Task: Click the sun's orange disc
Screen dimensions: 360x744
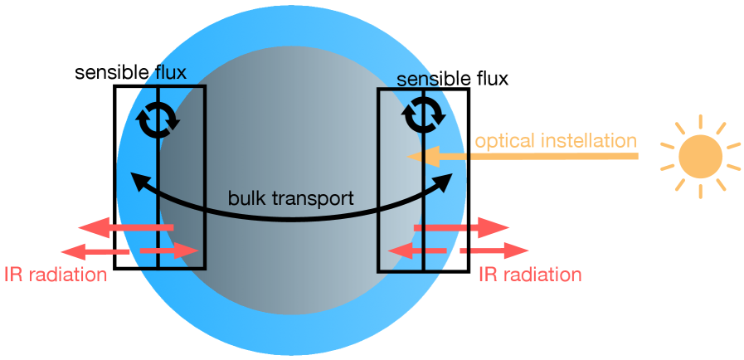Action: (x=700, y=156)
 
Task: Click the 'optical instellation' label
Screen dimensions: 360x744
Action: (x=555, y=140)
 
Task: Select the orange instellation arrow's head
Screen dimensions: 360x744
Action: (x=414, y=156)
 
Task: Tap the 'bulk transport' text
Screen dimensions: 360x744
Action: (x=291, y=199)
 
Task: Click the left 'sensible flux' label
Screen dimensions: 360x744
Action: (x=130, y=72)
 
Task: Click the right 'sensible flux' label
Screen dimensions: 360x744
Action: (x=452, y=79)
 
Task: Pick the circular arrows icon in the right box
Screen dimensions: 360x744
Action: (x=423, y=115)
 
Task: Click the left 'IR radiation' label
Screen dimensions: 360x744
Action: (x=56, y=275)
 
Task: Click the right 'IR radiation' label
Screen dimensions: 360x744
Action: (x=530, y=275)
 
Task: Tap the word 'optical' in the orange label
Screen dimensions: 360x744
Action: (x=501, y=140)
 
